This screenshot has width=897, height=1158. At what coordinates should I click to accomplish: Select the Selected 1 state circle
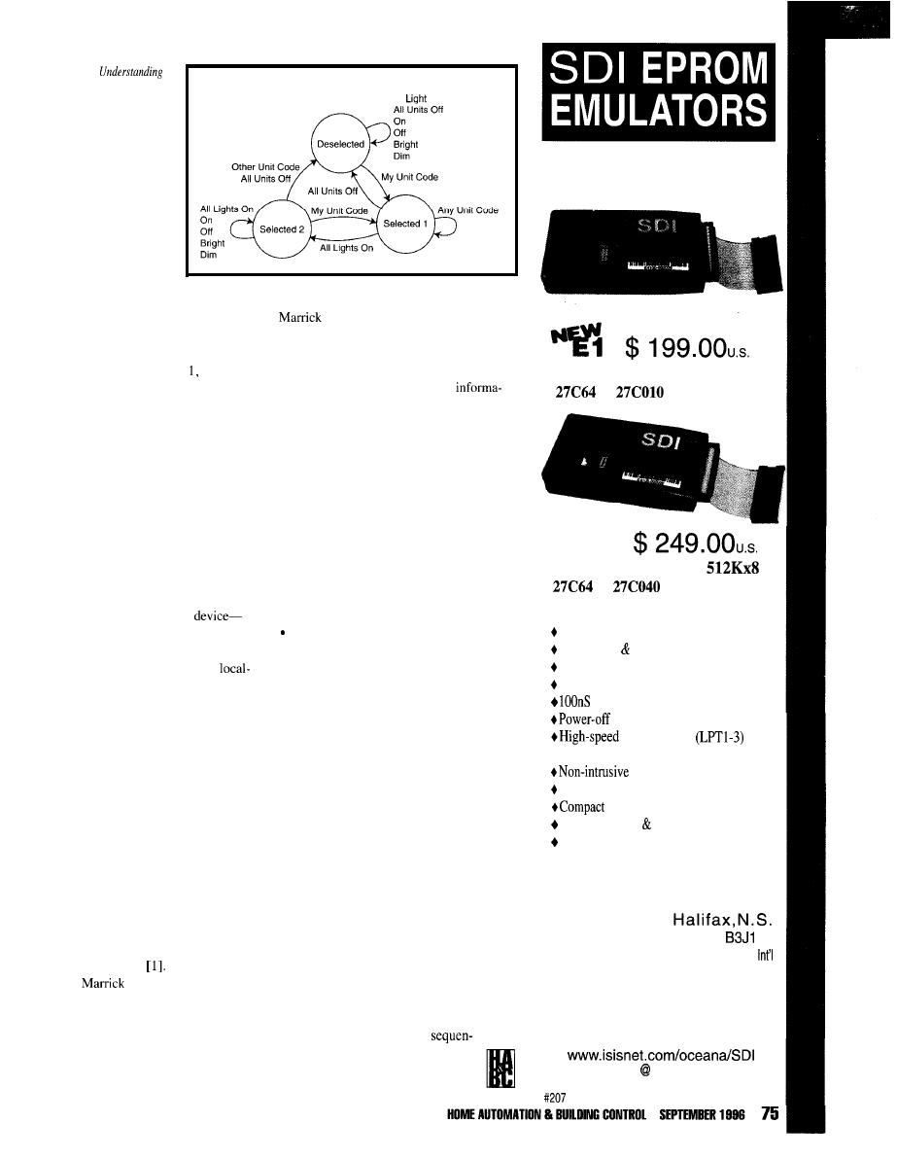tap(401, 224)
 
